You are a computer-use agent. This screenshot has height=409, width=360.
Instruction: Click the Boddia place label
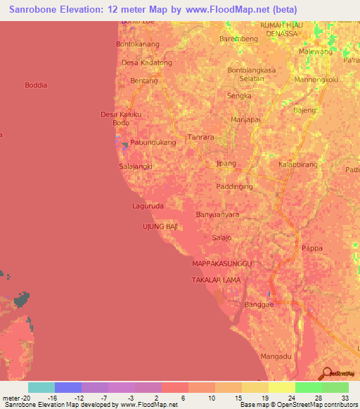click(x=36, y=85)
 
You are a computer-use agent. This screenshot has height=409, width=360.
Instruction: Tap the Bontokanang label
click(x=138, y=44)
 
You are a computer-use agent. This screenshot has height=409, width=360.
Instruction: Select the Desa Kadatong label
click(x=146, y=63)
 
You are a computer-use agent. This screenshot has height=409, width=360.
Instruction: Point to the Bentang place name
click(x=143, y=82)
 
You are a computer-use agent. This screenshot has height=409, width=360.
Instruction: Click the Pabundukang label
click(x=153, y=141)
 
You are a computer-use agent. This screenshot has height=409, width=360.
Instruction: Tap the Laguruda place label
click(x=148, y=206)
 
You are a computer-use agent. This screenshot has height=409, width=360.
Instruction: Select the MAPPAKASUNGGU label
click(x=221, y=263)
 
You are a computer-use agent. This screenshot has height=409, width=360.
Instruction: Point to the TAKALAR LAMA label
click(x=216, y=280)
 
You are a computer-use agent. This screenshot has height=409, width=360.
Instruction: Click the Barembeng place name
click(x=239, y=39)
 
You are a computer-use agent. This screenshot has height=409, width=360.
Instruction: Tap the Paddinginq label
click(x=234, y=187)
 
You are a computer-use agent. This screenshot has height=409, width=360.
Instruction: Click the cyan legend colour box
click(x=41, y=387)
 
